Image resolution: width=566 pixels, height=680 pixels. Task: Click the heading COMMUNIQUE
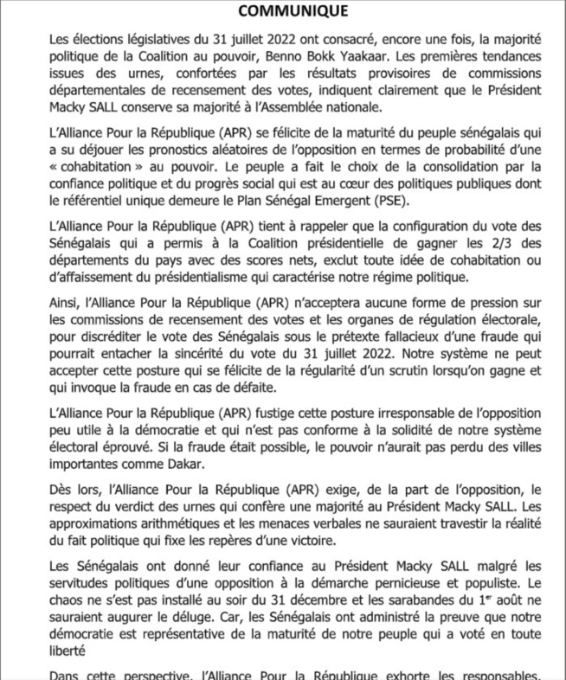coord(282,11)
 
